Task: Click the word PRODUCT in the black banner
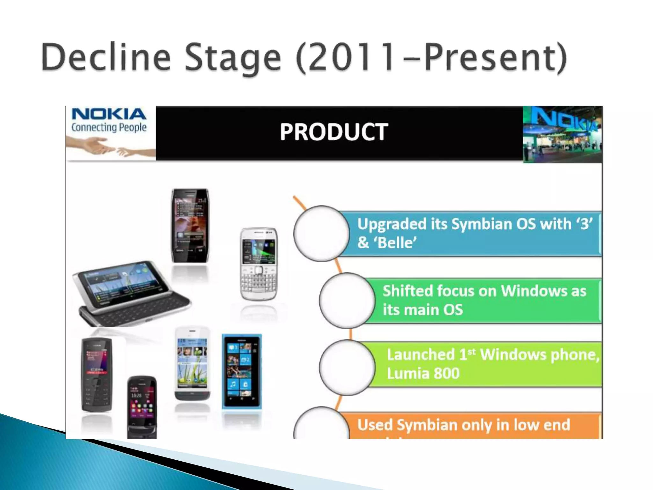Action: point(334,132)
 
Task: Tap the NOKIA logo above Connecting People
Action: point(108,114)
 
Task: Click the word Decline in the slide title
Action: point(106,57)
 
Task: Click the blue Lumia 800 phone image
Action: point(242,372)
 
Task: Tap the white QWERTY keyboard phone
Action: point(259,264)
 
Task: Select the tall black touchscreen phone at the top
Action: point(190,225)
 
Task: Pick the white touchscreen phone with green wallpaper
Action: point(192,364)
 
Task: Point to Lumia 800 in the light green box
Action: point(423,374)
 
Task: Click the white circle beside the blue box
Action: point(321,234)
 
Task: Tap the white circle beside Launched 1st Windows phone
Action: point(347,367)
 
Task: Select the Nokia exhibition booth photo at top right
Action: point(562,134)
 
